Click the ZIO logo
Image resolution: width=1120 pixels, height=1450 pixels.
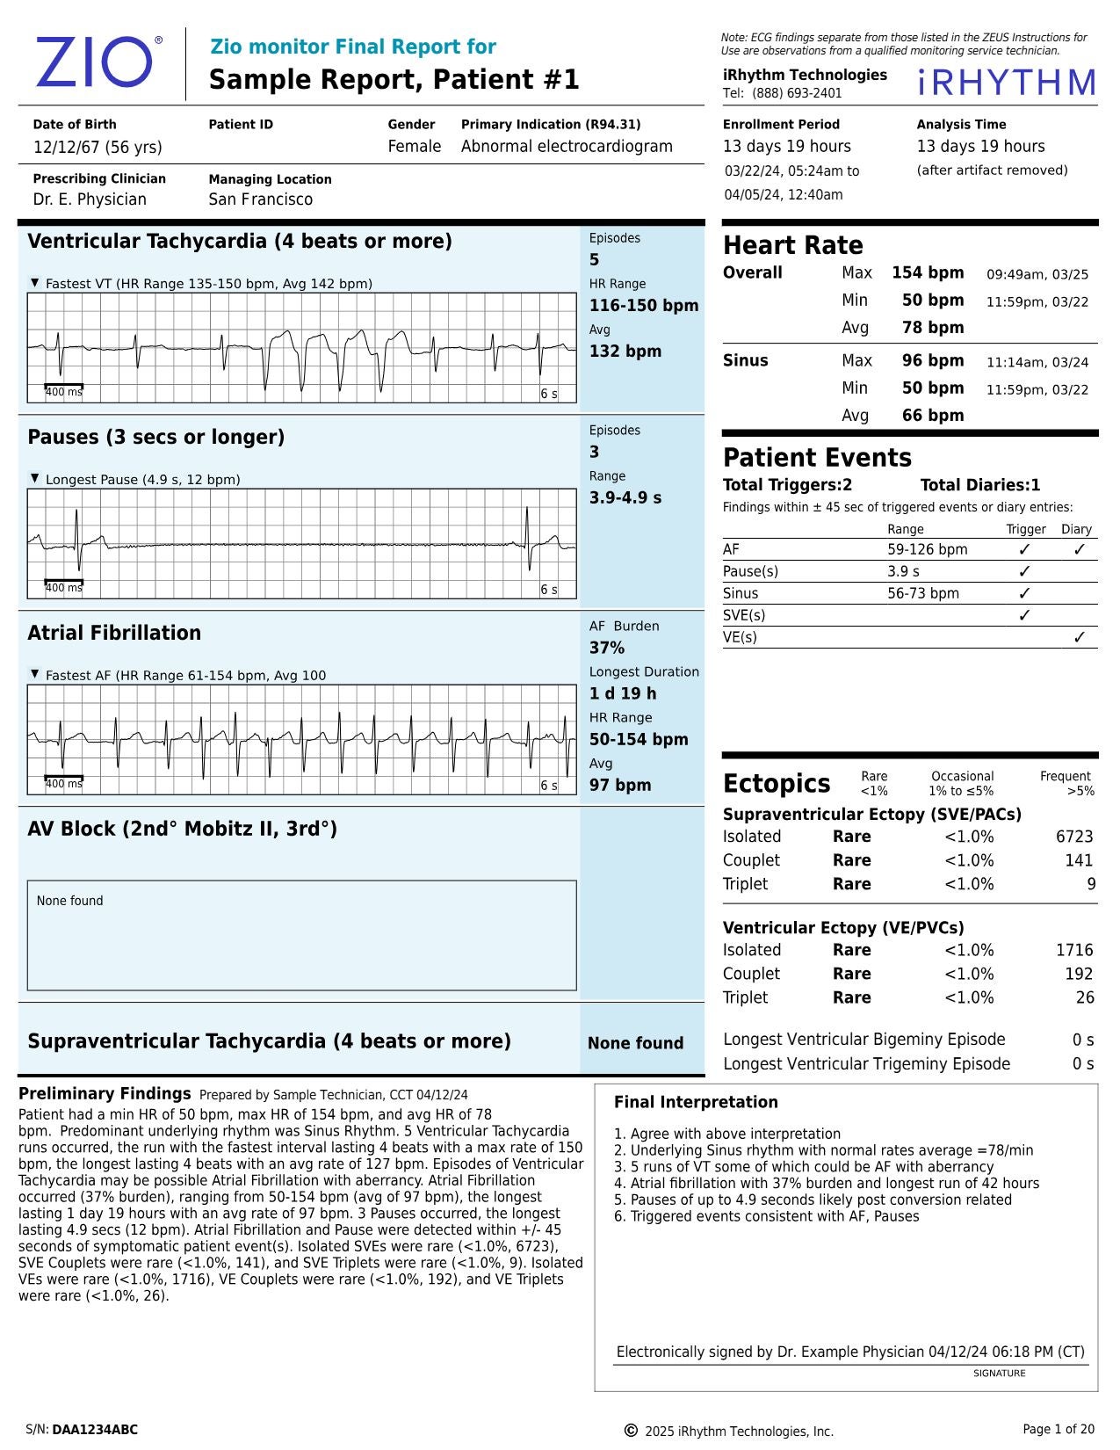(95, 62)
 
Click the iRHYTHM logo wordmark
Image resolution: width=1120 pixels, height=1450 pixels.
(1007, 83)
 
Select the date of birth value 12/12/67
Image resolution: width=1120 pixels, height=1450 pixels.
(67, 147)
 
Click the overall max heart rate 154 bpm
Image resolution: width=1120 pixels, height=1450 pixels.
(928, 272)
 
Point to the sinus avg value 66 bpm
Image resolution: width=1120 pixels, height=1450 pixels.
(932, 415)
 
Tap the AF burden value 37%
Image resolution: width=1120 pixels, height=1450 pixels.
(606, 648)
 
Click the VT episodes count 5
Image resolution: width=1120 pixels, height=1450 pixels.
(595, 259)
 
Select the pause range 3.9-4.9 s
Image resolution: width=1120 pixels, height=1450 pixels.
(625, 497)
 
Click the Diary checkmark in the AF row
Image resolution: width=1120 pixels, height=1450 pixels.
(1079, 549)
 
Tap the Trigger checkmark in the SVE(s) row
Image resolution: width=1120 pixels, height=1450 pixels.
(1023, 615)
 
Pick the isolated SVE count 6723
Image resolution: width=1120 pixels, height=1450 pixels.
(1073, 837)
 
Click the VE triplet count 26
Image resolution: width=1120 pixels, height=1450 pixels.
(1085, 997)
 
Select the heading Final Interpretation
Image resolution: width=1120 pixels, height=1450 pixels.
(695, 1102)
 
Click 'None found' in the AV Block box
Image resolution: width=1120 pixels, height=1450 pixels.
(69, 901)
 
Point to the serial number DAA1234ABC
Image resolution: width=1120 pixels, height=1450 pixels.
(95, 1430)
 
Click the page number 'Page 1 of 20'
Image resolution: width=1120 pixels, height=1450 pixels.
(1058, 1429)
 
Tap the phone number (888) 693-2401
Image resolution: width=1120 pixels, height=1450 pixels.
(796, 93)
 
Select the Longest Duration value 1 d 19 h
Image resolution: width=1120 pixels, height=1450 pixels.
(622, 693)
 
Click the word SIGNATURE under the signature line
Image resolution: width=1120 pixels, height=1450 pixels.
(999, 1373)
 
